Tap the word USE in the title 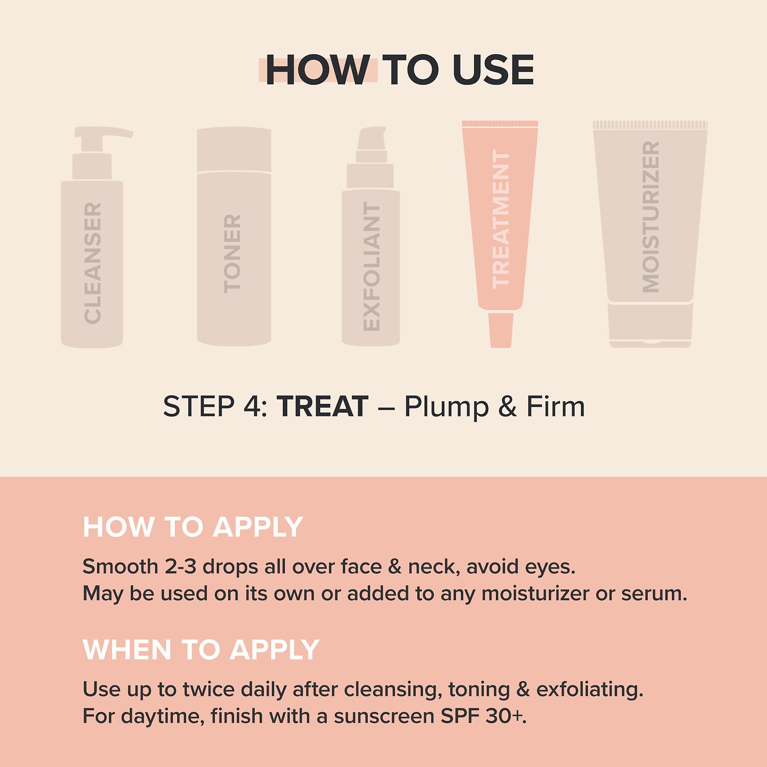(493, 70)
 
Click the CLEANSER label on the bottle (93, 263)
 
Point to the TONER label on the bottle (232, 254)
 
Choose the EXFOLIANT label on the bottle (372, 266)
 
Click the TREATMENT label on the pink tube (501, 219)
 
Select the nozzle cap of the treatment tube (501, 330)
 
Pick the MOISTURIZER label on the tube (651, 217)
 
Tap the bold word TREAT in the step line (323, 407)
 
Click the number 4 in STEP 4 (252, 407)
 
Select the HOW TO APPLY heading (193, 527)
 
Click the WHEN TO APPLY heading (201, 650)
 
